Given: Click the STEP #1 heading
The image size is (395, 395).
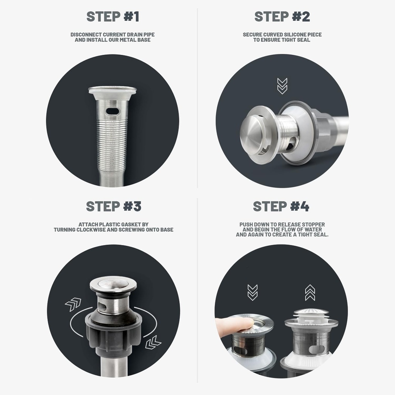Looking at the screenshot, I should tap(113, 17).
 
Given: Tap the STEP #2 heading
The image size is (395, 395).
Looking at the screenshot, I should tap(282, 17).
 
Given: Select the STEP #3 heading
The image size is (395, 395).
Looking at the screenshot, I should tap(113, 206).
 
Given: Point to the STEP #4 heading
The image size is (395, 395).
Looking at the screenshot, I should tap(281, 206).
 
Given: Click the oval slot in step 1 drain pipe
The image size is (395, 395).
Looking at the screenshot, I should tap(112, 111).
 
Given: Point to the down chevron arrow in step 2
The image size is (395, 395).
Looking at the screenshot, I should tap(282, 86).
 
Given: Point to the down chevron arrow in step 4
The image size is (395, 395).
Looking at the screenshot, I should tap(252, 292).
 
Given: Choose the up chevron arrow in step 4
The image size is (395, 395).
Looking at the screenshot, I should tap(310, 292).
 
